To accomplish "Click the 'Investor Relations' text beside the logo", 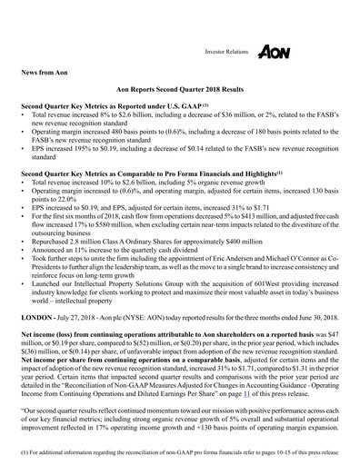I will (225, 54).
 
